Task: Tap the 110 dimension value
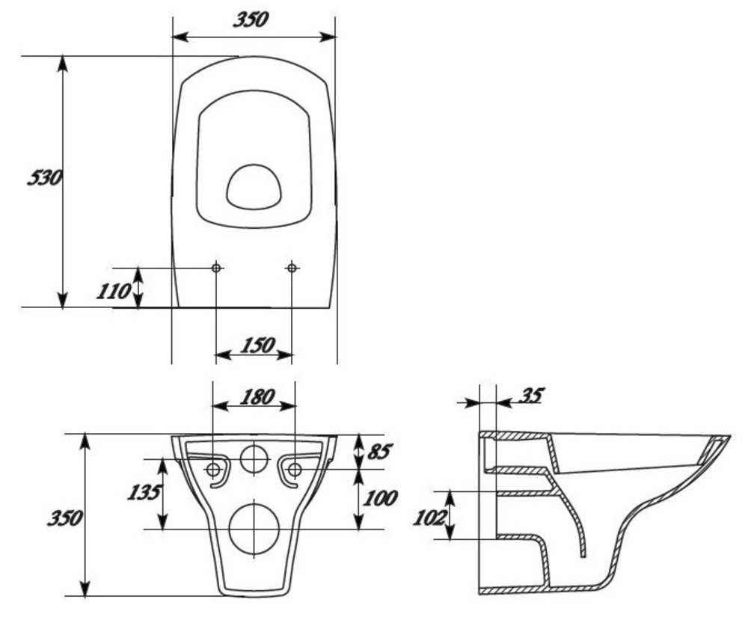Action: pos(113,291)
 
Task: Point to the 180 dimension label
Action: pos(254,396)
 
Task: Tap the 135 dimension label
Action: pos(144,492)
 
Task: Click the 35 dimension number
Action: pos(530,395)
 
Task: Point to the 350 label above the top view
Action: pos(250,20)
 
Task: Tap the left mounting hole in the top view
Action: pos(216,268)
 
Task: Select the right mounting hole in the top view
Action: pos(292,268)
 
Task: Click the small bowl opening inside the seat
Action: pos(254,187)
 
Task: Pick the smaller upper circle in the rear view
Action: pos(254,458)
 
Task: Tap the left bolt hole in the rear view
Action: pos(213,470)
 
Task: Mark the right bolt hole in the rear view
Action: pos(295,470)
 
